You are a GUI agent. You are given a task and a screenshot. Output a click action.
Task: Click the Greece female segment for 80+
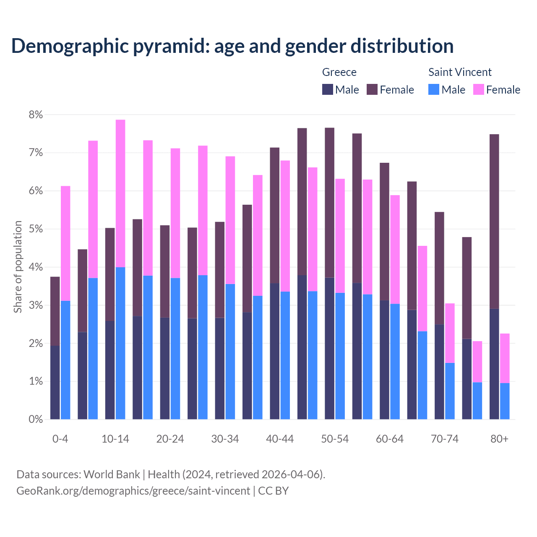point(494,222)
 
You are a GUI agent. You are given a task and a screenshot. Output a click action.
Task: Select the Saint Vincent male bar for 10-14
point(120,343)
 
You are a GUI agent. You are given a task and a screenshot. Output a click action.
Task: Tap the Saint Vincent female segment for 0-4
point(65,243)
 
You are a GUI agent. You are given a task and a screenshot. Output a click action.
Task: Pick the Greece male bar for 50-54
point(330,348)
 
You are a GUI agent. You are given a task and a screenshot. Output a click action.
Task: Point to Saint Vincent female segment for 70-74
point(450,333)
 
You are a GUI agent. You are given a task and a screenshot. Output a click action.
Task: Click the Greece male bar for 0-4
point(55,382)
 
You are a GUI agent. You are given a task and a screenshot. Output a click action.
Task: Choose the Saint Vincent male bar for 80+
point(505,401)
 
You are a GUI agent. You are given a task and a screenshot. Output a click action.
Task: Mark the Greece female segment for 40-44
point(275,216)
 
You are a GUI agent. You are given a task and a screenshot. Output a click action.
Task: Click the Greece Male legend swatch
point(328,89)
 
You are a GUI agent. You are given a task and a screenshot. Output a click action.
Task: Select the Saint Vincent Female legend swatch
point(479,89)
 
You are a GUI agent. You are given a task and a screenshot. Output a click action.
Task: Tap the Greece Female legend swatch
point(372,89)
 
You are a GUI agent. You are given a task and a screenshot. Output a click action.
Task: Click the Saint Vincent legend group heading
point(460,72)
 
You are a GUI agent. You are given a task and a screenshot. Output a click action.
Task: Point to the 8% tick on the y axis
point(36,115)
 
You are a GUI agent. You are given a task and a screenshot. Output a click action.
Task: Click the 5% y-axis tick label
point(36,229)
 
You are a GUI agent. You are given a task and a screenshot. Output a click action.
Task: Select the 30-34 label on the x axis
point(225,439)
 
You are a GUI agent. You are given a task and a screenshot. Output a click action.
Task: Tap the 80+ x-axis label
point(499,439)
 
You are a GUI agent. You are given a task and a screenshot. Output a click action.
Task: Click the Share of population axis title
point(18,267)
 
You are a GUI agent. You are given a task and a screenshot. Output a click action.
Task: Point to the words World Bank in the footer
point(112,474)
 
